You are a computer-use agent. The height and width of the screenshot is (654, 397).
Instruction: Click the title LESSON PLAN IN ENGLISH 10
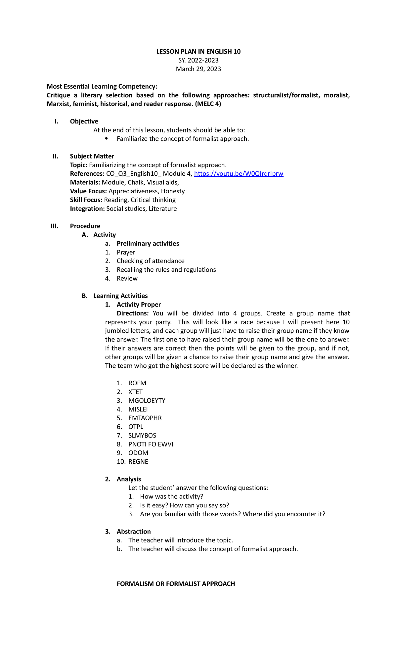[198, 52]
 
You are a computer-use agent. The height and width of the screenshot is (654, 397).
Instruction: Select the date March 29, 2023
[198, 69]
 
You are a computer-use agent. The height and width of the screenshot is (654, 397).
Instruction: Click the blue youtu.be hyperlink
[239, 174]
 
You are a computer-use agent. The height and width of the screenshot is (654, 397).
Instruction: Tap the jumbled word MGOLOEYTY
[147, 400]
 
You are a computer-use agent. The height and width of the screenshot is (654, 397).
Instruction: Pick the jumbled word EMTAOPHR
[145, 418]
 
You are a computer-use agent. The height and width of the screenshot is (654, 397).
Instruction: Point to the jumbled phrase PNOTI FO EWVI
[151, 444]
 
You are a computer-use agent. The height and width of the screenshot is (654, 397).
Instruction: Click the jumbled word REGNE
[138, 462]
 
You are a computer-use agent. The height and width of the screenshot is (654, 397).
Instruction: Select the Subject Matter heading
[92, 156]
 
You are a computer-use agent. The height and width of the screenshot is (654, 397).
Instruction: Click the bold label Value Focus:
[88, 191]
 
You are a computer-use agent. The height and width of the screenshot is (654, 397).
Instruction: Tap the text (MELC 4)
[208, 104]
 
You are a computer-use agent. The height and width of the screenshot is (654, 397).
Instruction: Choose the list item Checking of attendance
[151, 261]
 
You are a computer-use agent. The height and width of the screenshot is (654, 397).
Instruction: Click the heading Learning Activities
[120, 296]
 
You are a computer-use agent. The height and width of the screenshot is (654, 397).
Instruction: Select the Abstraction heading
[134, 532]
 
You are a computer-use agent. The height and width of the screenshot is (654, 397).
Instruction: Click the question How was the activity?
[171, 496]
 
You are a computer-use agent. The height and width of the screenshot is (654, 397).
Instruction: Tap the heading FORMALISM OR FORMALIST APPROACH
[176, 584]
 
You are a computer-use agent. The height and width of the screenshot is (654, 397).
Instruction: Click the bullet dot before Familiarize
[106, 139]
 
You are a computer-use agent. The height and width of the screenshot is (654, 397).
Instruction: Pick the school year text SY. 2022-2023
[198, 60]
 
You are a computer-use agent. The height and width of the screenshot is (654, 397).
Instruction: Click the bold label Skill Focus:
[86, 200]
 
